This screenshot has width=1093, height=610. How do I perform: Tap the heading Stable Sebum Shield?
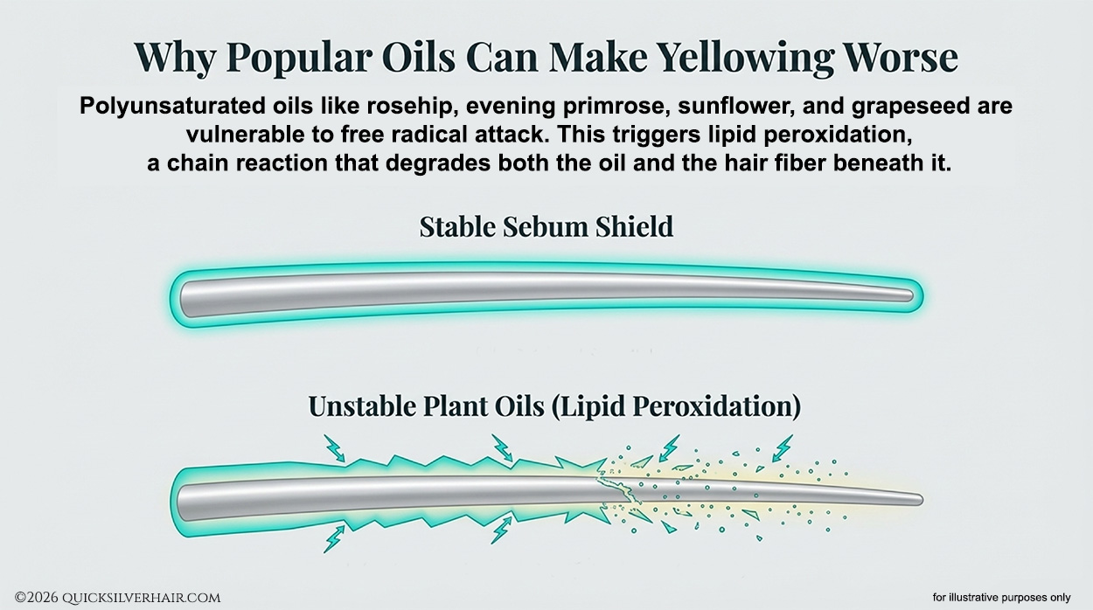point(546,227)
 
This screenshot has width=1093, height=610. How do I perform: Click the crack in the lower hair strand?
point(616,487)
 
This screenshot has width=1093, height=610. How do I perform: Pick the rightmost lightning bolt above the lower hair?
point(783,447)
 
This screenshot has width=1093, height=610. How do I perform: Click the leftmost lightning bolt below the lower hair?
point(333,537)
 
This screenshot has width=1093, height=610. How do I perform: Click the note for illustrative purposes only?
point(1001,598)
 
